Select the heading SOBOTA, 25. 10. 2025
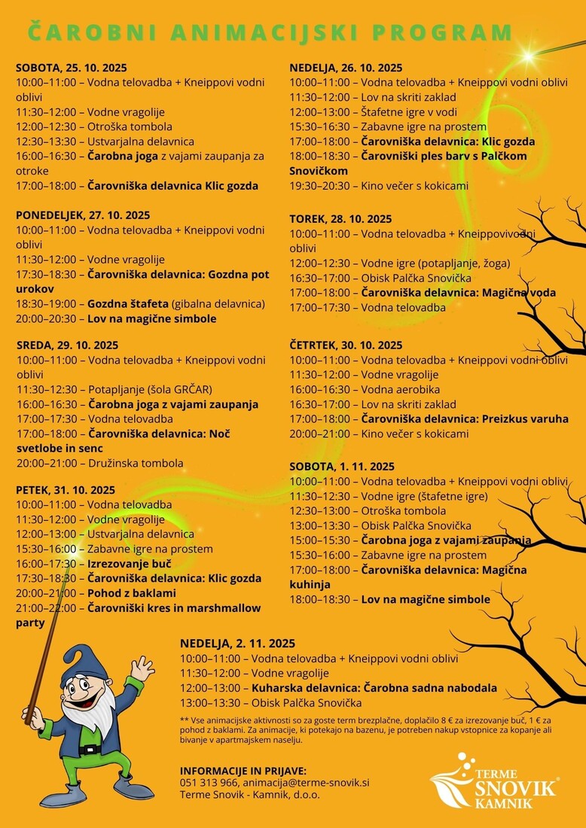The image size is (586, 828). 72,68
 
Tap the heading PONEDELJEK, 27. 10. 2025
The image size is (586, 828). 83,215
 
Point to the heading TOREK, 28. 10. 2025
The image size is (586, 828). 340,219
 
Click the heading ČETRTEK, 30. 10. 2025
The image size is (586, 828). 346,346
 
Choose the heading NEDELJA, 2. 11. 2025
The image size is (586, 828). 237,644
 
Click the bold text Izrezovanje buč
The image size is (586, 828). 130,564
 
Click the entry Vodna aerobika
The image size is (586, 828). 401,389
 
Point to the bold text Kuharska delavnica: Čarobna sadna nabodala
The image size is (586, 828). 374,688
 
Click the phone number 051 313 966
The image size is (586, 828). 208,783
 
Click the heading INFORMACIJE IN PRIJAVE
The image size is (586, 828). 243,771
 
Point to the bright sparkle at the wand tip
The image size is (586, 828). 527,56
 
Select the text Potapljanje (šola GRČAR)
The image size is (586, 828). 150,389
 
